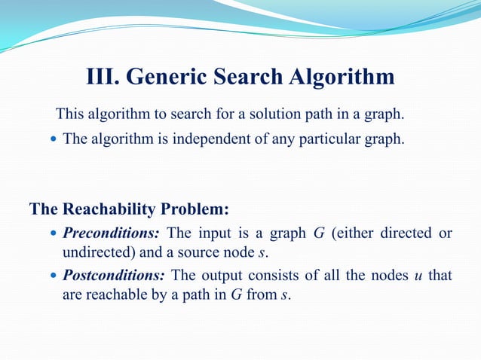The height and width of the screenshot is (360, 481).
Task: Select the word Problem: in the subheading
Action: (x=198, y=209)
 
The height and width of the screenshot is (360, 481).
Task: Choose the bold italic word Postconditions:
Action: (x=117, y=276)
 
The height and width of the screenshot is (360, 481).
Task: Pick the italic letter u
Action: (x=418, y=276)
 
